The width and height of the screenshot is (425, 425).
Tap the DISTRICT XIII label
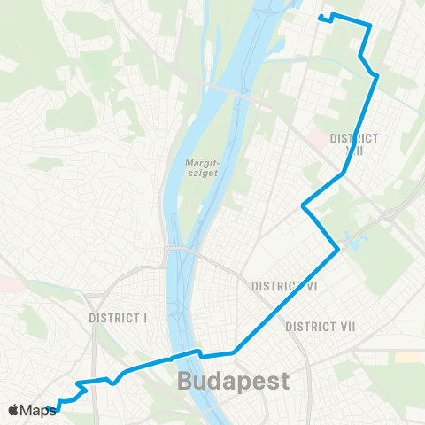[353, 144]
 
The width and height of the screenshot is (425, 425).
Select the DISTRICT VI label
[285, 286]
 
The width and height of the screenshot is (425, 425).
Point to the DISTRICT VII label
[320, 327]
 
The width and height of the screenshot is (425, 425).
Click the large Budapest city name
[235, 382]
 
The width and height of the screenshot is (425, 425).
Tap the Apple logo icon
[14, 409]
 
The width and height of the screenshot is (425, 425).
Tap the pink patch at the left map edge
[7, 283]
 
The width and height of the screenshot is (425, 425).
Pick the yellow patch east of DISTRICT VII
[408, 356]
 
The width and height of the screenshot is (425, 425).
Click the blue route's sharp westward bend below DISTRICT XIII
[304, 207]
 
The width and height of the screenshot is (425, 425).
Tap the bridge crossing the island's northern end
[232, 91]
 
